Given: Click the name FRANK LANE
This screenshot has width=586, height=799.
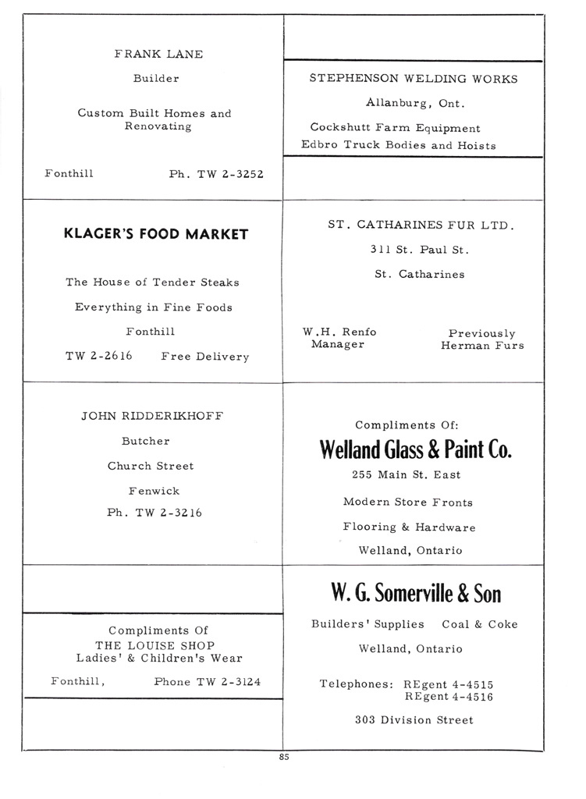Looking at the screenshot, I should [x=158, y=55].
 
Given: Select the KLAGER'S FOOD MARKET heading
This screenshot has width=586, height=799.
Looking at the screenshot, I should [x=156, y=234].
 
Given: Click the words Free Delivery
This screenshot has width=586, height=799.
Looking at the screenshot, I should [x=205, y=357].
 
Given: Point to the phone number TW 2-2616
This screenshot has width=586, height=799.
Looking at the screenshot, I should [x=99, y=356].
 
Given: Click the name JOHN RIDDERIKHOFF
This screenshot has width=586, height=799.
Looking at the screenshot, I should [x=152, y=416].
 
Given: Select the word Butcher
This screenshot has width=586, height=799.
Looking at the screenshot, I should [x=146, y=441].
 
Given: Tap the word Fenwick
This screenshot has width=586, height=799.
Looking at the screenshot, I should [x=154, y=491].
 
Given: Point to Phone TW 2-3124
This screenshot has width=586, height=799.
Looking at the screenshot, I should [x=208, y=682].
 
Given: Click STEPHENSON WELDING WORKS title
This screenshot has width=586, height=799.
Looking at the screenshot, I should [x=413, y=79].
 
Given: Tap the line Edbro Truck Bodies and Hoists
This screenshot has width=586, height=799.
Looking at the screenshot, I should [x=398, y=145].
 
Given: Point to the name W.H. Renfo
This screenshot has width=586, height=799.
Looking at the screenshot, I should [x=339, y=332].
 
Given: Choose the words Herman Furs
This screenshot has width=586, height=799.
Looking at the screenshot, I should [x=482, y=345].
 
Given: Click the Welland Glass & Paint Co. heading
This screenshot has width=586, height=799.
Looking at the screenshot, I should [x=415, y=450].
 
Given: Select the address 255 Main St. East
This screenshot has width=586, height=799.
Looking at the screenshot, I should [x=406, y=475].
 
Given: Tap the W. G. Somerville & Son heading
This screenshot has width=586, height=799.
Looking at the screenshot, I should [x=415, y=595].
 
